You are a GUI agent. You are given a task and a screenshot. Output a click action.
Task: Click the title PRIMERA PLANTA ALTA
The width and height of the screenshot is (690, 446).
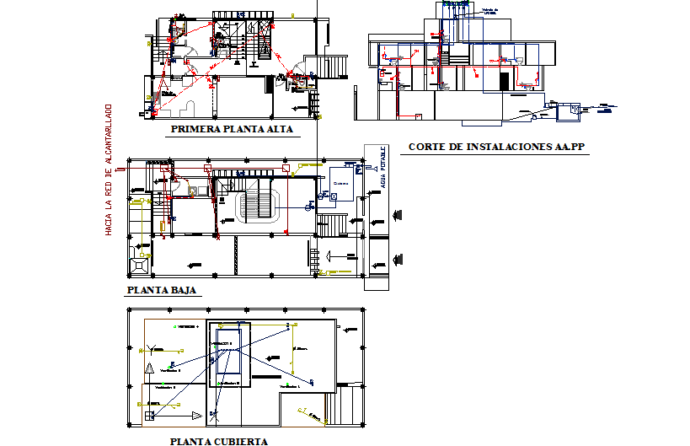click(231, 130)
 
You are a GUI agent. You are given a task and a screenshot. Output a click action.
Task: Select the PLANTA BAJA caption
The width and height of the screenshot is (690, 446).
click(161, 290)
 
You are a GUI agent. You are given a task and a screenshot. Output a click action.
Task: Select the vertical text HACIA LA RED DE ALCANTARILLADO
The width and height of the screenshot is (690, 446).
click(109, 169)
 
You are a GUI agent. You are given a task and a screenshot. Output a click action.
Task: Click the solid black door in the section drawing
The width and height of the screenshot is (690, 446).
click(505, 82)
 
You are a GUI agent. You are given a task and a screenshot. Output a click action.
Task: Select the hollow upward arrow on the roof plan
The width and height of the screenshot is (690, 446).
click(149, 368)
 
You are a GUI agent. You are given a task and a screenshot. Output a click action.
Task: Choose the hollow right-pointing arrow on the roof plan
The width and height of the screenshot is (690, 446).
click(195, 415)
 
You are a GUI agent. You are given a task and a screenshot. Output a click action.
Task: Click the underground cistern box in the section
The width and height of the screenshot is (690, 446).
click(575, 108)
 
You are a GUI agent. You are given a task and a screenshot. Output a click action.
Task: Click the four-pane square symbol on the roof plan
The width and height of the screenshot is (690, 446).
click(149, 415)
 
